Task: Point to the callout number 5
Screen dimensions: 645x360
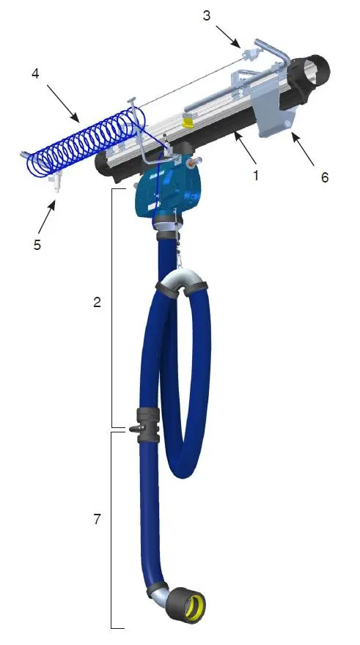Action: tap(38, 244)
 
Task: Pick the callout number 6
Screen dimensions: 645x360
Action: tap(324, 177)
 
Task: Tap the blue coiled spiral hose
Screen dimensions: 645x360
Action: tap(81, 143)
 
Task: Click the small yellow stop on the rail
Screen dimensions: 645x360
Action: tap(188, 120)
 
